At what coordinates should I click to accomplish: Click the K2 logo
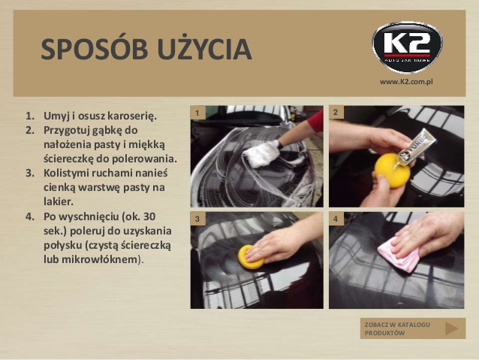coord(407,47)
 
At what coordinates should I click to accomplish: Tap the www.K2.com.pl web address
coord(406,82)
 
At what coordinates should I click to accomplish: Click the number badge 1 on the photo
coord(197,113)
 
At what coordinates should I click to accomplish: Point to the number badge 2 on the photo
coord(336,112)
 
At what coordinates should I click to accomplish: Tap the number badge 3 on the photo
coord(197,219)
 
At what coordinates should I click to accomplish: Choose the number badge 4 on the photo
coord(336,219)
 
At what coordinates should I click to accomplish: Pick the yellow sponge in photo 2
coord(392,171)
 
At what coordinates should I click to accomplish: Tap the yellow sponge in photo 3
coord(250,256)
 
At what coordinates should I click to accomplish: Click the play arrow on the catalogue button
coord(451,328)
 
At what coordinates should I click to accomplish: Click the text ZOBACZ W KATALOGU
coord(397,325)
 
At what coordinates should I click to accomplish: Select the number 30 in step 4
coord(149,216)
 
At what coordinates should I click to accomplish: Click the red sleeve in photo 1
coord(316,121)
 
